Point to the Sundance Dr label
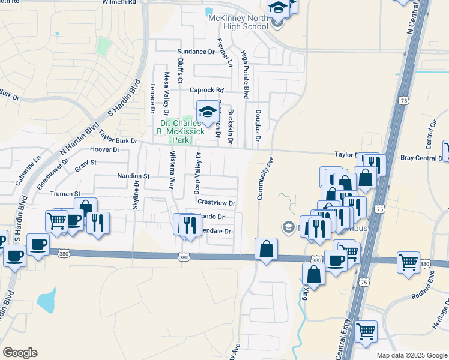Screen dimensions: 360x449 click(195, 52)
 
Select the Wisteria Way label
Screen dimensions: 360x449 click(171, 170)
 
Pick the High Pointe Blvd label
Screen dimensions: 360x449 click(245, 74)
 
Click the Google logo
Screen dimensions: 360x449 click(20, 352)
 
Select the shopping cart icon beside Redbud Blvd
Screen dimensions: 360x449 click(408, 262)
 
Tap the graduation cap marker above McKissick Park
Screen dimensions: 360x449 click(208, 112)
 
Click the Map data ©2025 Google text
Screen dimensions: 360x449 click(411, 355)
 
